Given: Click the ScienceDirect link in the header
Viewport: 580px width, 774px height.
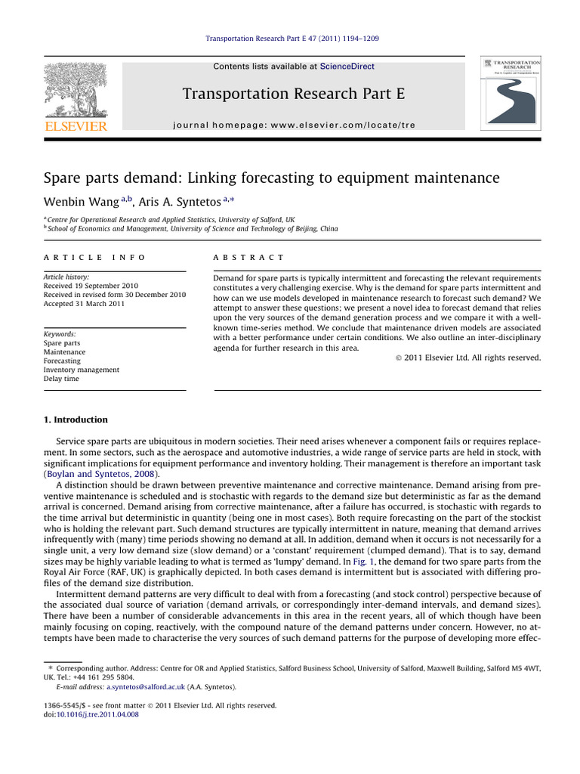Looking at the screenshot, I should (347, 67).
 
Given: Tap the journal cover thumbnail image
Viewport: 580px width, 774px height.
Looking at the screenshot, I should (511, 93).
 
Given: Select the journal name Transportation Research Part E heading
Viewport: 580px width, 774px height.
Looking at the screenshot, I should (294, 94).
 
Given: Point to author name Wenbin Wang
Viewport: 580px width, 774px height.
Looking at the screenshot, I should (77, 201).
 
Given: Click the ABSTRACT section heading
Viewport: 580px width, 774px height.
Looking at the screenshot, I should (249, 258).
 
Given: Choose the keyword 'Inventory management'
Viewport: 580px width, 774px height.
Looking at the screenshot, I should (82, 370).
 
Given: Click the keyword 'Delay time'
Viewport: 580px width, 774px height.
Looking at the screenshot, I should (61, 379).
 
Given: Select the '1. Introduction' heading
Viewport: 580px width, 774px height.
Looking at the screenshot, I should (76, 420).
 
